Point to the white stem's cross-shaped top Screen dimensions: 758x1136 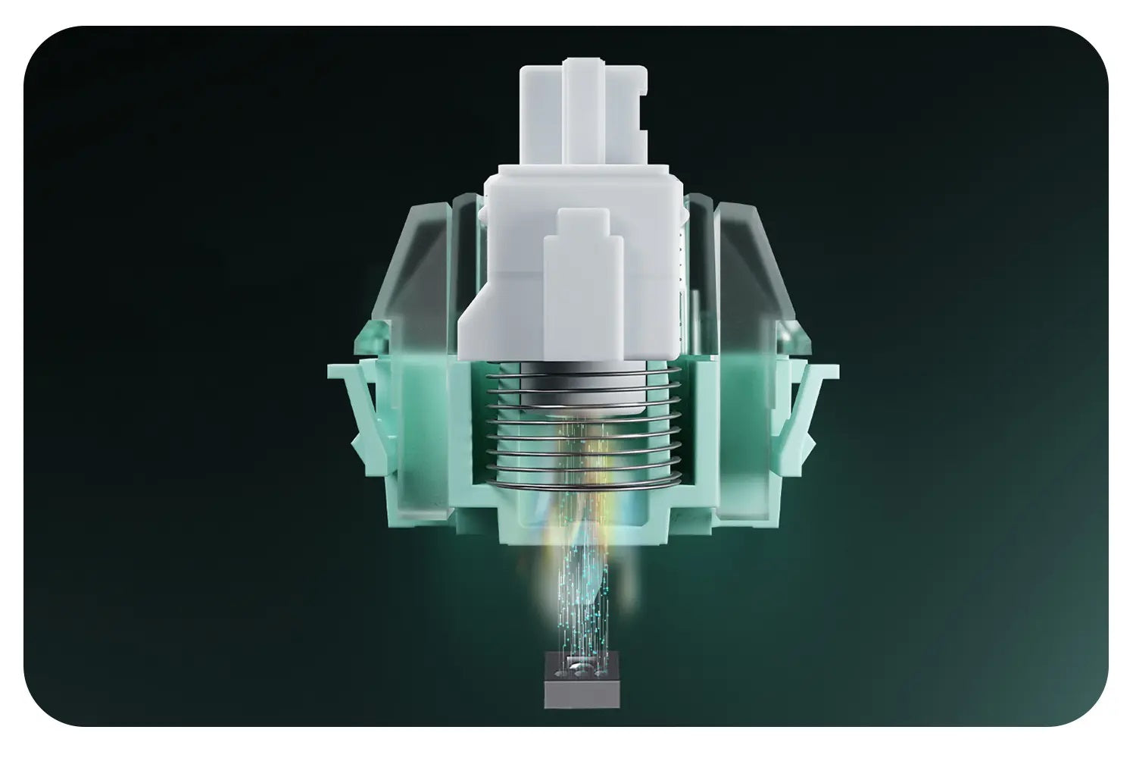582,114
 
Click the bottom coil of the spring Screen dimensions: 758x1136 582,483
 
